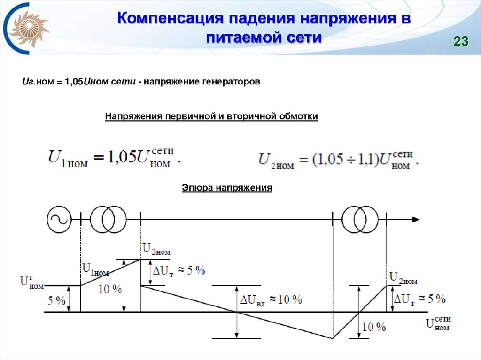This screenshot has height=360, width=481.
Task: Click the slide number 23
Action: coord(461,42)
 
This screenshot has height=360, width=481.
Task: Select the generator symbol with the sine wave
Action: coord(59,219)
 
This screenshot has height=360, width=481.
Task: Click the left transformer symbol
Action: coord(108,219)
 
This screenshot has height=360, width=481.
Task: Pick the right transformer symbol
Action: coord(360,219)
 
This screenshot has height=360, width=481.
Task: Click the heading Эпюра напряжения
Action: coord(227,188)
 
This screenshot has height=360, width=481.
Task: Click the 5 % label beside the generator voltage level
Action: coord(56,301)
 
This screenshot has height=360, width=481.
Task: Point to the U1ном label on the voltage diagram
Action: coord(95,269)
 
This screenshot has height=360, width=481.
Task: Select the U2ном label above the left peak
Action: coord(156,249)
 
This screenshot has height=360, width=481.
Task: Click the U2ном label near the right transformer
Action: coord(403,278)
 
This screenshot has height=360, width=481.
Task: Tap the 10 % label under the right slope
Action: coord(374,327)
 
